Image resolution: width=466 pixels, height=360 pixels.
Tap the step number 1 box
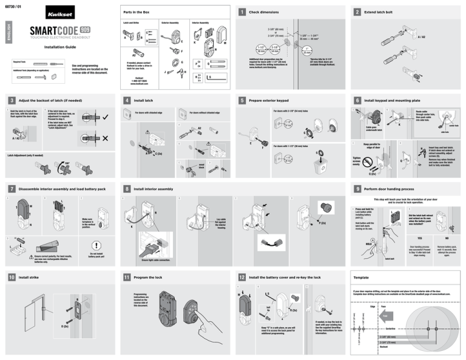pos(242,12)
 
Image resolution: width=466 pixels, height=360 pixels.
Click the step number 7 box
pos(12,189)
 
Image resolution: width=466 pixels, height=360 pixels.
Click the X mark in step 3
pos(106,138)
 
